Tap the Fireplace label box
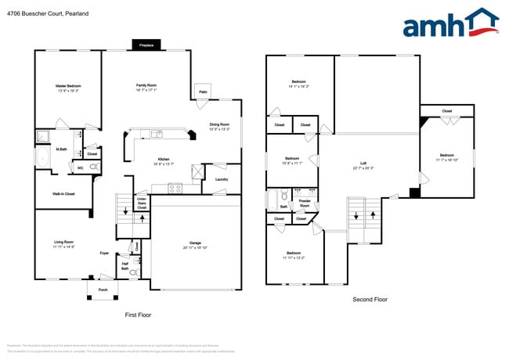point(146,45)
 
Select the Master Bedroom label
point(68,88)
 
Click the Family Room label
point(146,88)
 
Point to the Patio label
point(203,92)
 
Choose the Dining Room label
point(219,127)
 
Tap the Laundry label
point(221,180)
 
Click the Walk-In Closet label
point(63,193)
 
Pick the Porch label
point(103,289)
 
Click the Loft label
point(363,166)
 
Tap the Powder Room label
point(304,203)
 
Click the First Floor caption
point(138,315)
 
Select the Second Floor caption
point(370,299)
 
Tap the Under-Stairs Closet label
point(142,203)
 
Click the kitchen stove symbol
point(175,187)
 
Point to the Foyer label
point(103,254)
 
